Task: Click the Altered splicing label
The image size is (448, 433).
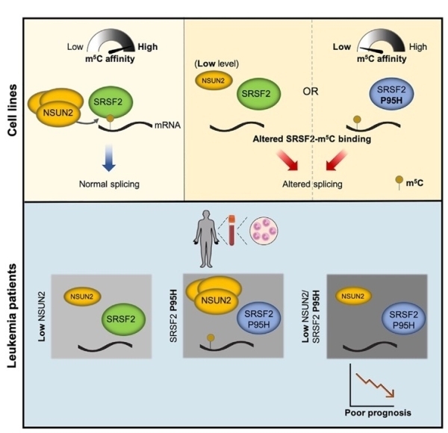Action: (313, 182)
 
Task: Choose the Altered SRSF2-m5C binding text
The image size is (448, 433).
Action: (313, 139)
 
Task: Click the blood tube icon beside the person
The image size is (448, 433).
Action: (233, 231)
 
